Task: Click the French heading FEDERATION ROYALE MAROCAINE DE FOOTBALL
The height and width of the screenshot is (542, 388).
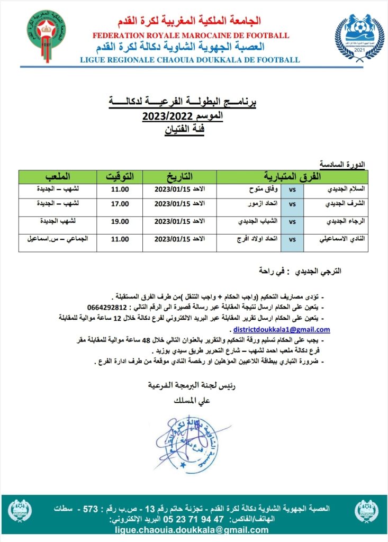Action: (x=191, y=35)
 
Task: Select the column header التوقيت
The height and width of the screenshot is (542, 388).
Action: (x=120, y=176)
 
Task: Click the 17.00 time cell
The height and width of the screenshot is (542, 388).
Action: (x=120, y=204)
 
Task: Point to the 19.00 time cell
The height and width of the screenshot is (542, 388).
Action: (x=120, y=222)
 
